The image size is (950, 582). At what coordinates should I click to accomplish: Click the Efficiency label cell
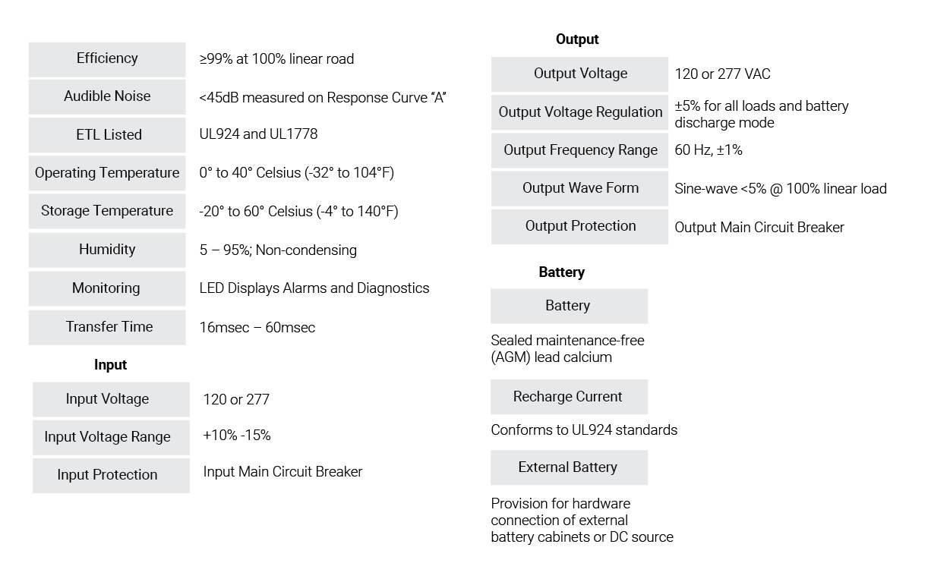107,59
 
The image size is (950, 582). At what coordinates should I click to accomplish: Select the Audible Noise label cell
107,97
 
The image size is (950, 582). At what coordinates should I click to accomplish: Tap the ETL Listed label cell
107,135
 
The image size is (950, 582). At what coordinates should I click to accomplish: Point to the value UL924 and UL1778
258,134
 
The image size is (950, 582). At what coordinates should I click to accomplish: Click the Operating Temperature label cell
107,173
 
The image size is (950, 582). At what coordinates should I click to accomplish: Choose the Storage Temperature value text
298,211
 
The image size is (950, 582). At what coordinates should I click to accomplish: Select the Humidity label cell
107,250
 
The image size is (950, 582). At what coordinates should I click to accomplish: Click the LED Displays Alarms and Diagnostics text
314,288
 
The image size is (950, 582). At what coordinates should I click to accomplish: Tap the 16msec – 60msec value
257,327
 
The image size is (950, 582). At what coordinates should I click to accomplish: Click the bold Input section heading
110,364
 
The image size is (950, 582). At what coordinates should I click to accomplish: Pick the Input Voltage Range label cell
111,438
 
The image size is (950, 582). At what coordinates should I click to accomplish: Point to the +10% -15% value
237,436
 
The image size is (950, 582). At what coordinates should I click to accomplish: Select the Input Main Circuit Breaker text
283,472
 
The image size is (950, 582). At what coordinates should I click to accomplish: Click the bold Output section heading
577,39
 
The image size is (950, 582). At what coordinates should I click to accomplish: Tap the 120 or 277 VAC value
722,74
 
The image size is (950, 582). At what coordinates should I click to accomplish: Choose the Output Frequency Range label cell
579,151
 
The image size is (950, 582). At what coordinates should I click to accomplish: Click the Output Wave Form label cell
579,189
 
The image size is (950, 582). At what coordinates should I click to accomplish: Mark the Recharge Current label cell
569,397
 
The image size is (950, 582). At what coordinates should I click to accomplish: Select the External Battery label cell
569,467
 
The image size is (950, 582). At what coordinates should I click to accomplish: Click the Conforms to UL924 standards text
584,430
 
